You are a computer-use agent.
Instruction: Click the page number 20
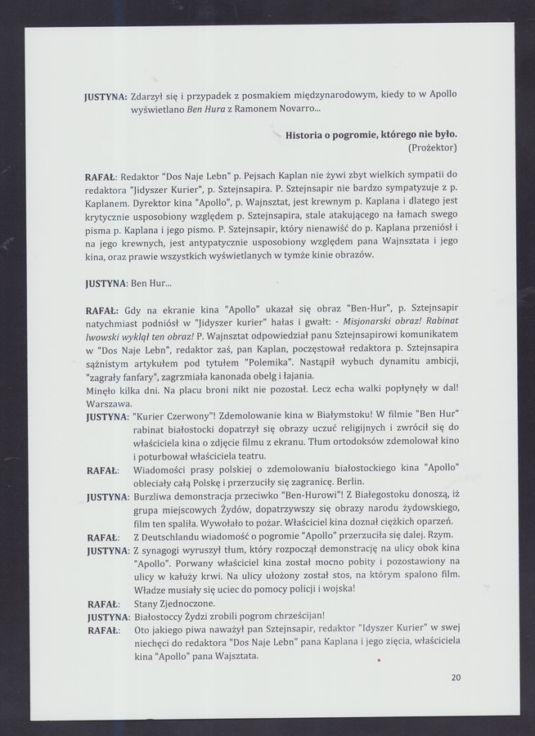tap(456, 677)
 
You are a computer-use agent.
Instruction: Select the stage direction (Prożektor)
tap(431, 147)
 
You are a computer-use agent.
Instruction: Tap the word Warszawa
tap(110, 403)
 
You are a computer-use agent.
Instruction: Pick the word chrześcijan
tap(295, 616)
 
